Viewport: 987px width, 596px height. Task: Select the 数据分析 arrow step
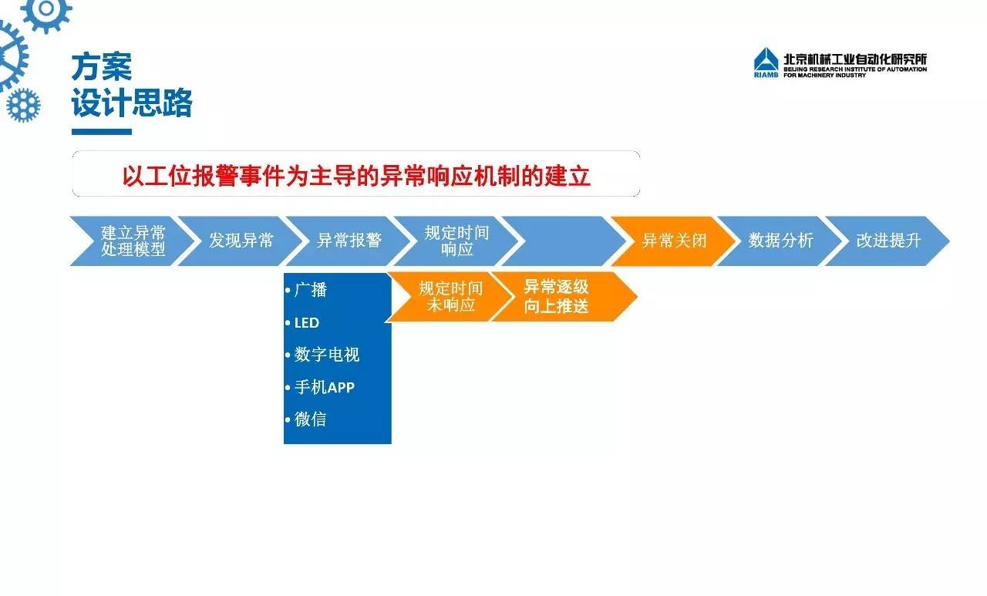(780, 241)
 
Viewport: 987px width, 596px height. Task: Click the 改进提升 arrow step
(888, 241)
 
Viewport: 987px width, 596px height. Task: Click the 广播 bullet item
(307, 290)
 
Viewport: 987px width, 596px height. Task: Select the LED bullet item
(303, 323)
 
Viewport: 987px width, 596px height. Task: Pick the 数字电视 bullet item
(322, 355)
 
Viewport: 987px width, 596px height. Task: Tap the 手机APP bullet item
(320, 387)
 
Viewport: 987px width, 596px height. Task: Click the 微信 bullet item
(306, 419)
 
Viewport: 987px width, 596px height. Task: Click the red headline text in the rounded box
(356, 176)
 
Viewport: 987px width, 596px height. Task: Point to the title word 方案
(101, 67)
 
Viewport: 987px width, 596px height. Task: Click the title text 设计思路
(132, 103)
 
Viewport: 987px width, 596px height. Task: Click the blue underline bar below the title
(102, 132)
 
